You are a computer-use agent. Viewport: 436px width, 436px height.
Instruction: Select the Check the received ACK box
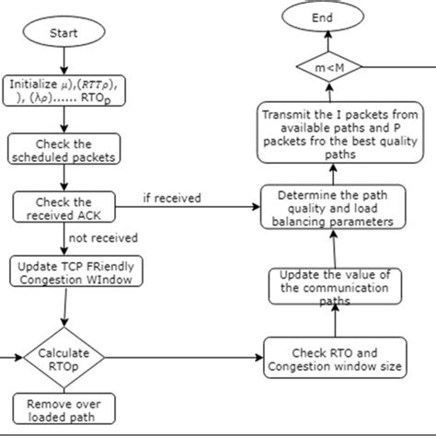point(63,208)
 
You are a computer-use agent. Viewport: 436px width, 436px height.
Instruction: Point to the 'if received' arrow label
point(172,198)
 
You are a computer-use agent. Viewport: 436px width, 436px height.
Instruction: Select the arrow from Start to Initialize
point(63,61)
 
